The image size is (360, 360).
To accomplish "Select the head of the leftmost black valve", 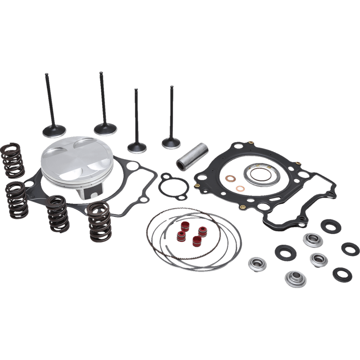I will click(54, 130).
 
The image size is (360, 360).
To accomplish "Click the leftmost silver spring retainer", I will click(257, 264).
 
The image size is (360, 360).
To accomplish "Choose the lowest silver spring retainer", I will click(295, 279).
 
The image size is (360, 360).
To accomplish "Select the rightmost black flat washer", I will click(350, 248).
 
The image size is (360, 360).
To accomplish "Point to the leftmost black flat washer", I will click(285, 252).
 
